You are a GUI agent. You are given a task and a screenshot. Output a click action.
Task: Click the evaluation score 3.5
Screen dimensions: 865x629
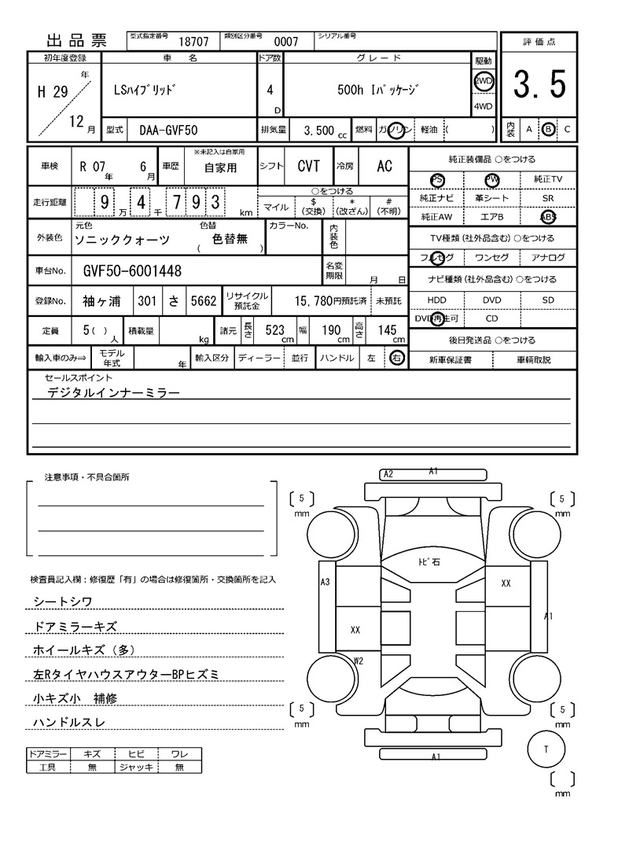click(539, 85)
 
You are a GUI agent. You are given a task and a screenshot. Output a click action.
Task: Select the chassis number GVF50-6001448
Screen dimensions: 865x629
click(132, 271)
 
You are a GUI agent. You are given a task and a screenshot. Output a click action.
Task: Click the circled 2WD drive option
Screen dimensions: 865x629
click(483, 82)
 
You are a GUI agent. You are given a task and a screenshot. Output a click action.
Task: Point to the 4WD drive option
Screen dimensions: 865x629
click(483, 107)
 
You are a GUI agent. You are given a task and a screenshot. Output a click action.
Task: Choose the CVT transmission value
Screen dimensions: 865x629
click(308, 167)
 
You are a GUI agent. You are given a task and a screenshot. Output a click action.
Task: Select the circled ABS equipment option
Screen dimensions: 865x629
click(548, 217)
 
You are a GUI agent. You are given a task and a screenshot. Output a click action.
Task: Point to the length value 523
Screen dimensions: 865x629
click(274, 330)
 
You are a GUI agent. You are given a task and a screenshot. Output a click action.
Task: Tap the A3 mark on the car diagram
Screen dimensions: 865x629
click(325, 582)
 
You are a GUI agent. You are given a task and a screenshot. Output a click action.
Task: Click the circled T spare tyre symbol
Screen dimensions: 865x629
click(545, 749)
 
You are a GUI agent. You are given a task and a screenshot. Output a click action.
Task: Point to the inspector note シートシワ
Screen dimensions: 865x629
click(63, 602)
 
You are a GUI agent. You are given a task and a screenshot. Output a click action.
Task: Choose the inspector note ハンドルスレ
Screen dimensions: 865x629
click(68, 722)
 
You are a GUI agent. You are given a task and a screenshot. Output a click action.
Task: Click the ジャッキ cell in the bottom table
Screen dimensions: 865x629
click(134, 767)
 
